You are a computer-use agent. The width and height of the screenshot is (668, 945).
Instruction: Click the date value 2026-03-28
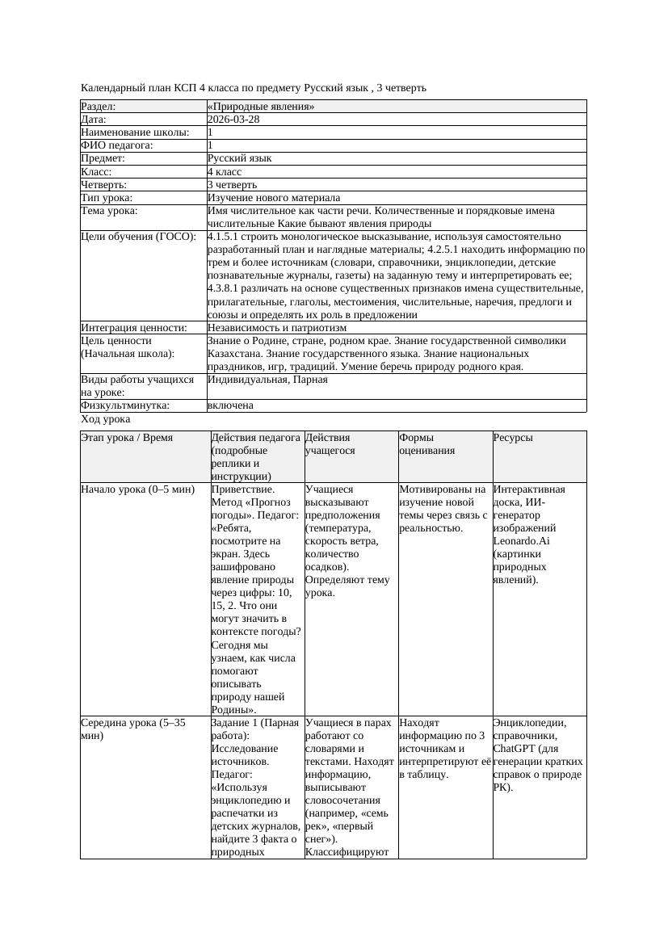pyautogui.click(x=233, y=120)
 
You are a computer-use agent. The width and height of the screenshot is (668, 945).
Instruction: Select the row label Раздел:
pyautogui.click(x=99, y=107)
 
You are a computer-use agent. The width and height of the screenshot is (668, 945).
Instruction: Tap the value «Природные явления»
pyautogui.click(x=261, y=107)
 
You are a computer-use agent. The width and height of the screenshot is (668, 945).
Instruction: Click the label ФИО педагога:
pyautogui.click(x=117, y=145)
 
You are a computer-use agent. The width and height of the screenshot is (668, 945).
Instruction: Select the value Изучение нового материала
pyautogui.click(x=274, y=197)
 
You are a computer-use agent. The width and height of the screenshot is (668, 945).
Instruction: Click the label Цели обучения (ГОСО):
pyautogui.click(x=138, y=237)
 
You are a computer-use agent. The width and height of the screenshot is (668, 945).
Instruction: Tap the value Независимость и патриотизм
pyautogui.click(x=277, y=328)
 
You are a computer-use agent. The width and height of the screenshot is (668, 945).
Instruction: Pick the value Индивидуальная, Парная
pyautogui.click(x=267, y=380)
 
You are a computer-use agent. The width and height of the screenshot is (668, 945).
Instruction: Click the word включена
pyautogui.click(x=230, y=405)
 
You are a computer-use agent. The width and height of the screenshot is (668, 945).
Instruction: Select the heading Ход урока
pyautogui.click(x=106, y=419)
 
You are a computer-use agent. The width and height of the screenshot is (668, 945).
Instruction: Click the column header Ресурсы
pyautogui.click(x=513, y=438)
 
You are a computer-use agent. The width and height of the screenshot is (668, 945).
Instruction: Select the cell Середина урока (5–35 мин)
pyautogui.click(x=133, y=729)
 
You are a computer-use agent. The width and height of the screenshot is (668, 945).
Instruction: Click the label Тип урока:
pyautogui.click(x=107, y=197)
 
